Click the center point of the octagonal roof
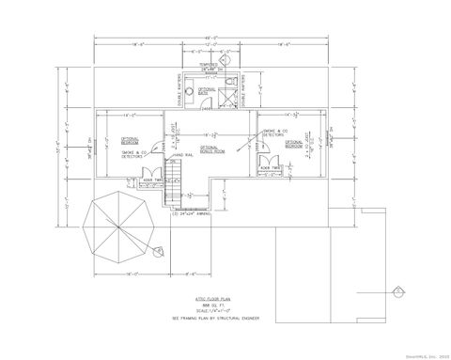(118, 227)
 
